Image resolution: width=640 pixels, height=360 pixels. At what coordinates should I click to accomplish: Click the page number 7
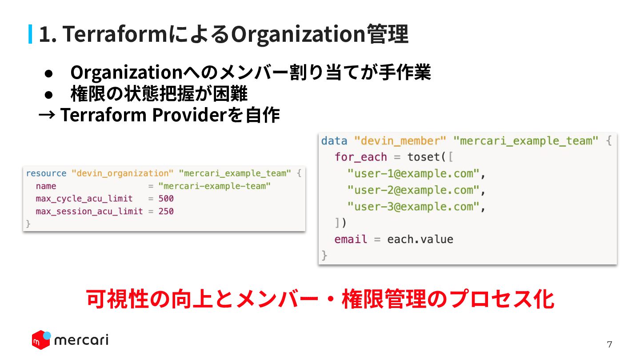click(x=610, y=344)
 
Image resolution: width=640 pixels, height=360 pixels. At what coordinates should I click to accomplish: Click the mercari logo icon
click(x=41, y=340)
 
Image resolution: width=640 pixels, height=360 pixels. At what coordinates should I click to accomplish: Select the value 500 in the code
click(x=166, y=198)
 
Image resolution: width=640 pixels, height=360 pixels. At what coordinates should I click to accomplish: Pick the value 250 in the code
click(x=166, y=211)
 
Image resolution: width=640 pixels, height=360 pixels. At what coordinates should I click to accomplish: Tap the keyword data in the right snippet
click(x=334, y=141)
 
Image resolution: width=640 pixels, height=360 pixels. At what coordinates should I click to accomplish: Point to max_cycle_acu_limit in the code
click(x=84, y=198)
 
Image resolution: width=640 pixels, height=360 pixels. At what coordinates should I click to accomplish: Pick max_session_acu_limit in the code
click(x=89, y=211)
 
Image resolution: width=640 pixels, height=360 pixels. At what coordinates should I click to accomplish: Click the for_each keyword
click(x=361, y=157)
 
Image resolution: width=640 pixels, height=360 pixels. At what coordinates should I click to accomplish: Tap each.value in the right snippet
click(x=420, y=239)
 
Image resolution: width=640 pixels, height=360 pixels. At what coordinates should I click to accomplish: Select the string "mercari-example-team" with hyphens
click(x=214, y=186)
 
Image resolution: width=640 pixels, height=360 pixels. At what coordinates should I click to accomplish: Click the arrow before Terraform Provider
click(x=47, y=115)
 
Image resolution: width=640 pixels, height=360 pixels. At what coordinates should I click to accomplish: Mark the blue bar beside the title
click(x=30, y=34)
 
